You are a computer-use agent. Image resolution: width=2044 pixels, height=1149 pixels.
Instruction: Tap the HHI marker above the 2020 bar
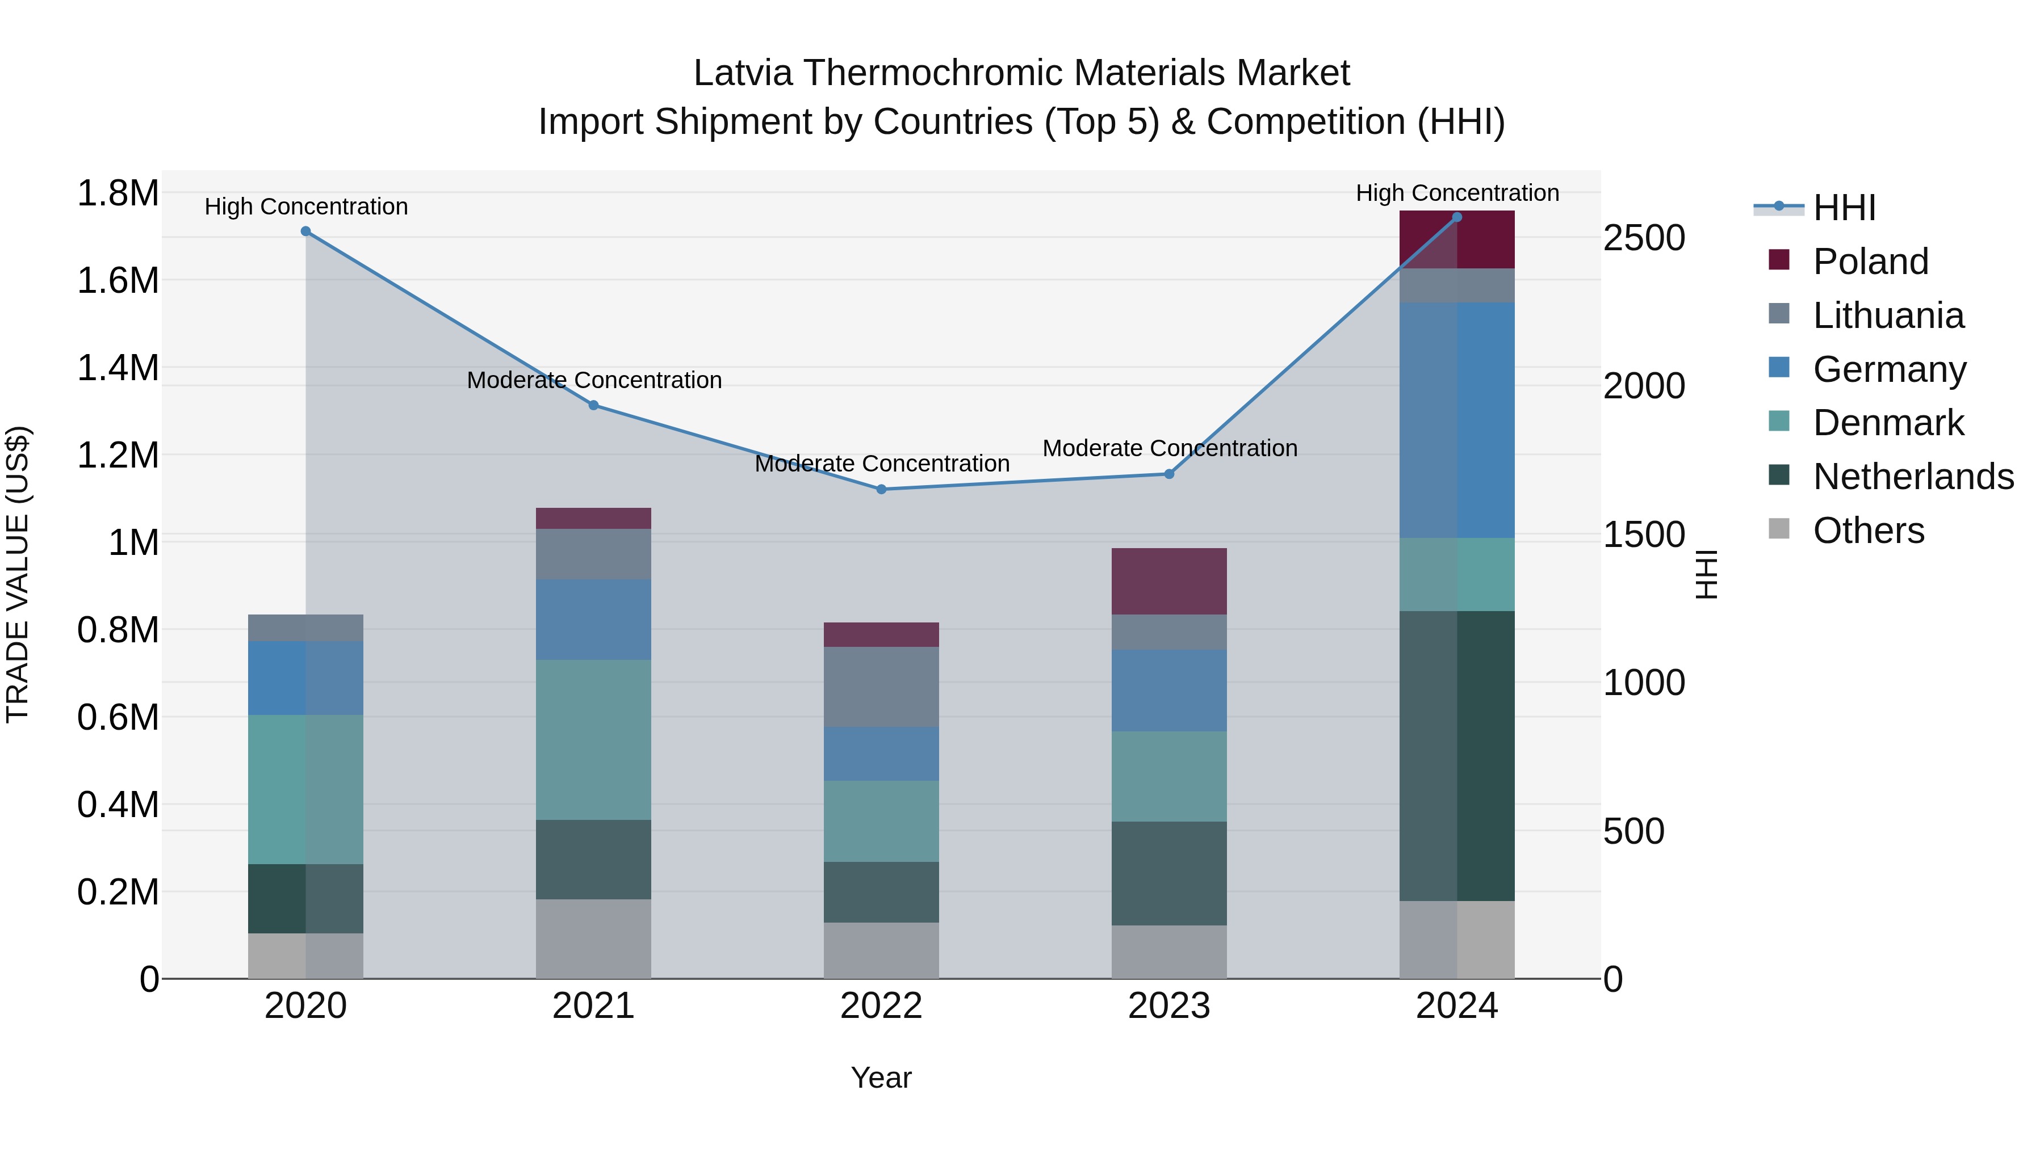tap(305, 232)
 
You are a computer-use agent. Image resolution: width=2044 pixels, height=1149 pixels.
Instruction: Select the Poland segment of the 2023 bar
tap(1169, 580)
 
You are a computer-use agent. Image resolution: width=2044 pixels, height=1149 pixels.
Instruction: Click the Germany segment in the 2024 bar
tap(1457, 420)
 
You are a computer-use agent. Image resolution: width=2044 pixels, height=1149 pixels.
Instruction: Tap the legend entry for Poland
tap(1870, 262)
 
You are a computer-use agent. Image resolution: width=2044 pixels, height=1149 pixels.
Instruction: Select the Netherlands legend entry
tap(1912, 477)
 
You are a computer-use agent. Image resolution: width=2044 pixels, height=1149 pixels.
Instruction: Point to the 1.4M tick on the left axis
tap(118, 368)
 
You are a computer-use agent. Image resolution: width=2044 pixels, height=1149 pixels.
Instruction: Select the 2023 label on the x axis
tap(1169, 1006)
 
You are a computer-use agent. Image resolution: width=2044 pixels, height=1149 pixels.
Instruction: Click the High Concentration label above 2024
tap(1457, 193)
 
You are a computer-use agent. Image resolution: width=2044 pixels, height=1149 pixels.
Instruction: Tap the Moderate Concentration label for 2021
tap(593, 380)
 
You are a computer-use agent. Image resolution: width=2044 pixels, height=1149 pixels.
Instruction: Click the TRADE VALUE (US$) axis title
tap(18, 574)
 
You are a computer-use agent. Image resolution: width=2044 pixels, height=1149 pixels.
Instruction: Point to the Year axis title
tap(881, 1078)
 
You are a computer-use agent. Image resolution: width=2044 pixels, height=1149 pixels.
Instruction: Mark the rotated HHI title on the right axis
tap(1706, 574)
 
